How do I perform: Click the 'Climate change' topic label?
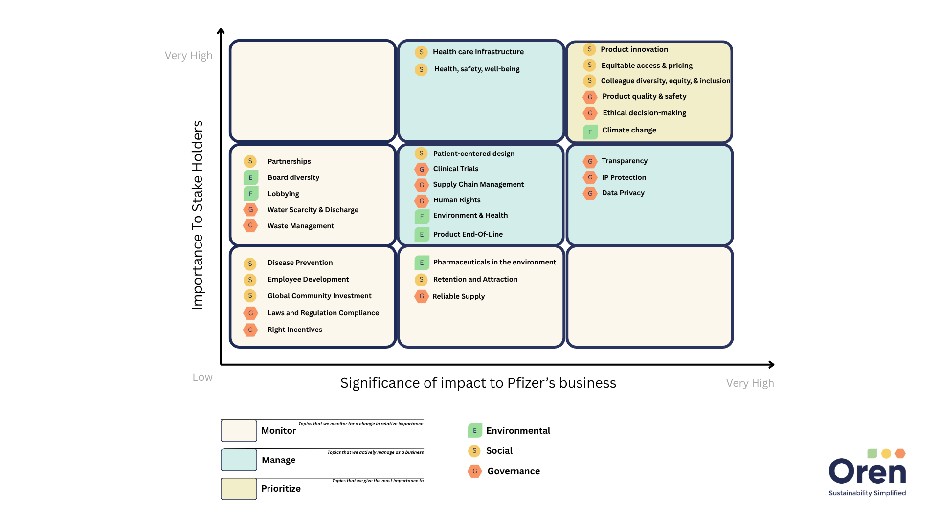[x=629, y=130]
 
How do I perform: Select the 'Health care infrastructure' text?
[x=478, y=52]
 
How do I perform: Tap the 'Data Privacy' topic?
[x=623, y=193]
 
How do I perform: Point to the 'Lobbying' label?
[x=283, y=194]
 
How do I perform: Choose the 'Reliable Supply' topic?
[x=458, y=296]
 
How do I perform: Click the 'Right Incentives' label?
[x=294, y=330]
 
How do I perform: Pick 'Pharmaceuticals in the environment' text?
[x=494, y=262]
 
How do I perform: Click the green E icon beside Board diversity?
[x=251, y=177]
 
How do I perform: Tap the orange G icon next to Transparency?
[x=590, y=161]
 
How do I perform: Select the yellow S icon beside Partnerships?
[x=250, y=161]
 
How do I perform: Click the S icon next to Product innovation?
[x=589, y=49]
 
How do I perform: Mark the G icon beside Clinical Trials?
[x=422, y=169]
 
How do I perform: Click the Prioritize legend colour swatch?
[x=239, y=488]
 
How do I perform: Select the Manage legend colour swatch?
[x=239, y=460]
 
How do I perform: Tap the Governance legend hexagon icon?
[x=474, y=471]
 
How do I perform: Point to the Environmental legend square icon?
[x=474, y=430]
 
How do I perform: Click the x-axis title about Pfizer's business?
[x=478, y=383]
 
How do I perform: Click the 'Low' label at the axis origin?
[x=202, y=377]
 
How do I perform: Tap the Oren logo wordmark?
[x=867, y=471]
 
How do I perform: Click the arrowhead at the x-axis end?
[x=771, y=364]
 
